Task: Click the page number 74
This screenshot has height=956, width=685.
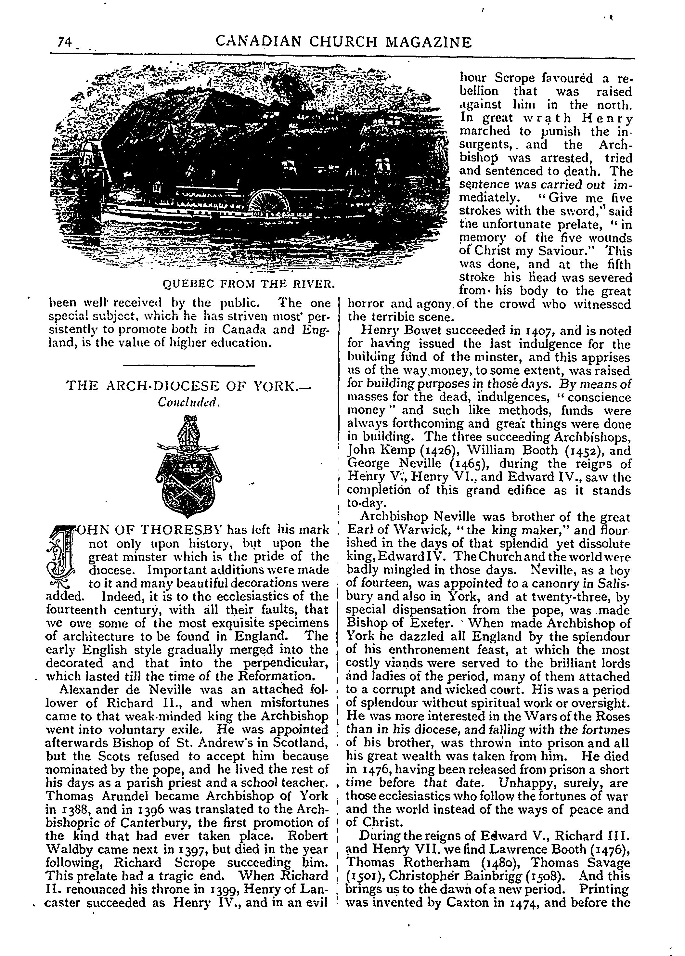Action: point(64,42)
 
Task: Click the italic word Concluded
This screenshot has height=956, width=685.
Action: point(189,403)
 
